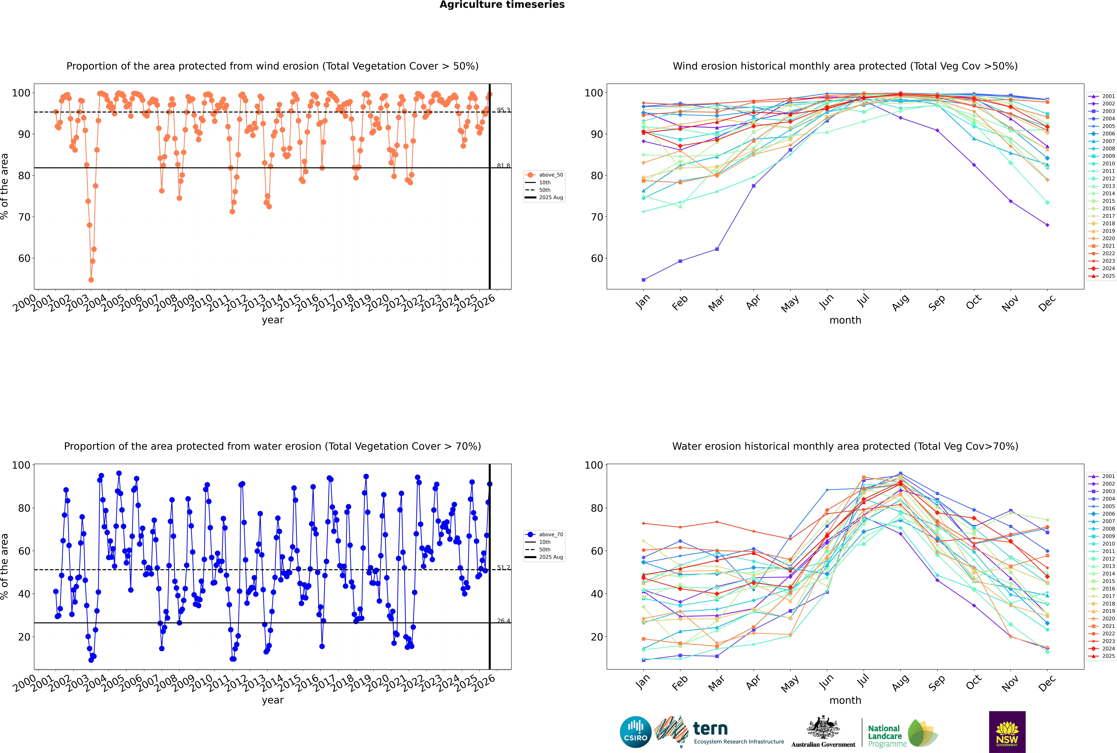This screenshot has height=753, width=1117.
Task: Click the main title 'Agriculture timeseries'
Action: [502, 5]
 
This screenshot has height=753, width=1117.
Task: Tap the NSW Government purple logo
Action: [1007, 731]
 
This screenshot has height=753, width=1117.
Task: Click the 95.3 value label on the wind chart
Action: [503, 110]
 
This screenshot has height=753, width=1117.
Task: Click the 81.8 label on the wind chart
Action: [503, 166]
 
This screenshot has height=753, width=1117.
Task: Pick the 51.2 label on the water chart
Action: [503, 568]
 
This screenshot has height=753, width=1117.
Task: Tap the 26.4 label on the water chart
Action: [503, 621]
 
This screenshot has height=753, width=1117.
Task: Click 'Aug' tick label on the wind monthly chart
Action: [900, 302]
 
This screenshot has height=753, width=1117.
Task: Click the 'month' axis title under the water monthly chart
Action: [845, 700]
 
